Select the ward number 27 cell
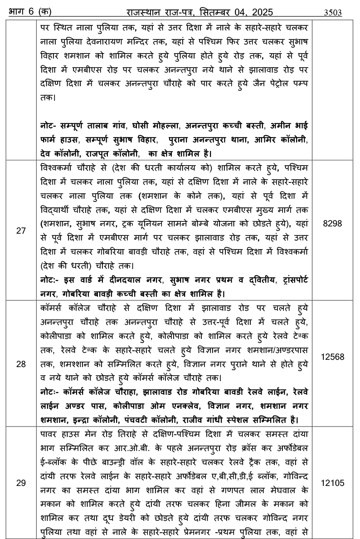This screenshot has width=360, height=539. pos(21,230)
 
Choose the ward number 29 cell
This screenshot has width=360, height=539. pos(21,483)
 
